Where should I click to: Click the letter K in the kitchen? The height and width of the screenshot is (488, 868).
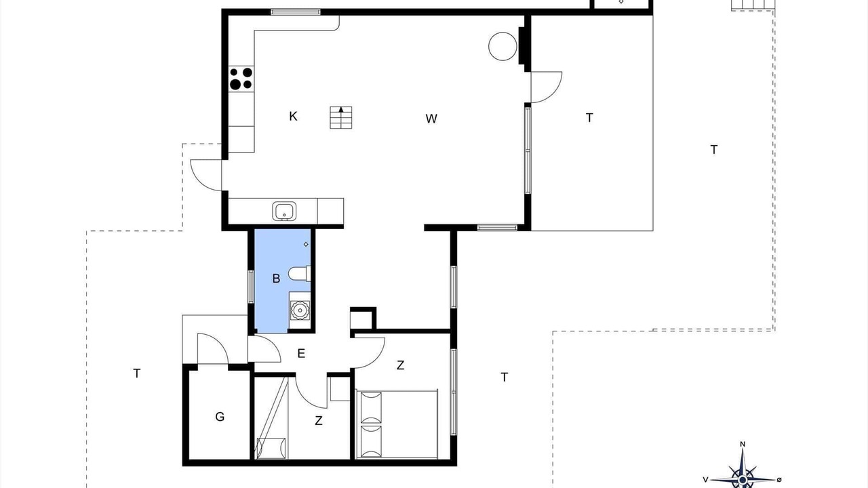293,116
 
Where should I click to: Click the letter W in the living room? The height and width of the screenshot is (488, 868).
431,119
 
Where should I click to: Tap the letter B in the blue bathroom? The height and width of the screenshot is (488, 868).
276,279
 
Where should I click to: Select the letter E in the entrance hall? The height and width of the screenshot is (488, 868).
301,353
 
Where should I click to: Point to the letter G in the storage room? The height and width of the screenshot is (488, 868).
220,417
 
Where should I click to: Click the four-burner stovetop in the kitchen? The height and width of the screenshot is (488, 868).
241,79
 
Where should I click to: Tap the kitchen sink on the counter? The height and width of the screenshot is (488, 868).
284,211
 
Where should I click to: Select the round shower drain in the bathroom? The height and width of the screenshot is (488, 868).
300,310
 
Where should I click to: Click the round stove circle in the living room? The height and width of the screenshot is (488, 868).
502,46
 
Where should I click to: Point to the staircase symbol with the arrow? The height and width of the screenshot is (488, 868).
341,117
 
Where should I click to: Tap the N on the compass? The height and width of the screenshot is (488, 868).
743,444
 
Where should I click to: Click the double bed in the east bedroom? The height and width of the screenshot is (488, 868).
397,424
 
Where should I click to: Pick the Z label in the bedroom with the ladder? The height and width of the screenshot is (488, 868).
319,421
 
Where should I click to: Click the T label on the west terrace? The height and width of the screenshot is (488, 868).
136,373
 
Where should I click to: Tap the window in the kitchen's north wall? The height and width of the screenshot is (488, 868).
296,12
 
